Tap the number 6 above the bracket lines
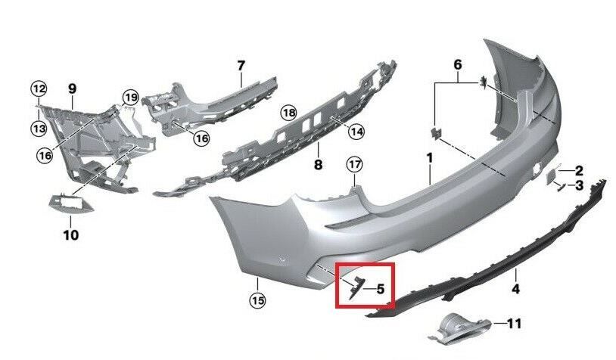pos(458,65)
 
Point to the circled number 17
pos(355,163)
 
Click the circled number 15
pos(259,301)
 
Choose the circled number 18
pos(288,113)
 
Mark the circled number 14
pos(356,132)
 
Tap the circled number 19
pos(130,97)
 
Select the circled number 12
pos(39,89)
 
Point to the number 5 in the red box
pos(381,288)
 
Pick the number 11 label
pos(514,324)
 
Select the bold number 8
pos(318,163)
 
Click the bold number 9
pos(73,89)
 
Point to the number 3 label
pos(579,185)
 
